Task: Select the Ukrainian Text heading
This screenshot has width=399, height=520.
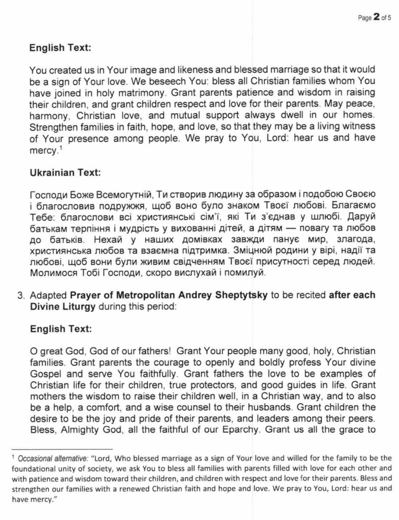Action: point(65,172)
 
